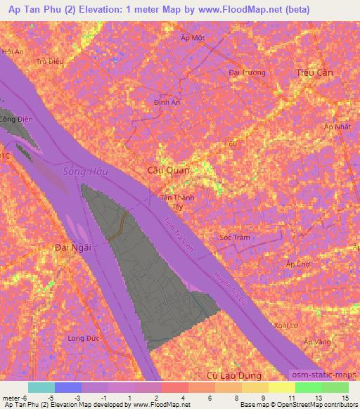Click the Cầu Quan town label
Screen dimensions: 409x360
169,169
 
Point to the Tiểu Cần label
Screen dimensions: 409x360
314,72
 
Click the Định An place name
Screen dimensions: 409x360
167,103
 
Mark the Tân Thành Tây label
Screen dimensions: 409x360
178,202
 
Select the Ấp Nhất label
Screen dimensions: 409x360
337,126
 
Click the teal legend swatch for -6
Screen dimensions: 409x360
41,387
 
